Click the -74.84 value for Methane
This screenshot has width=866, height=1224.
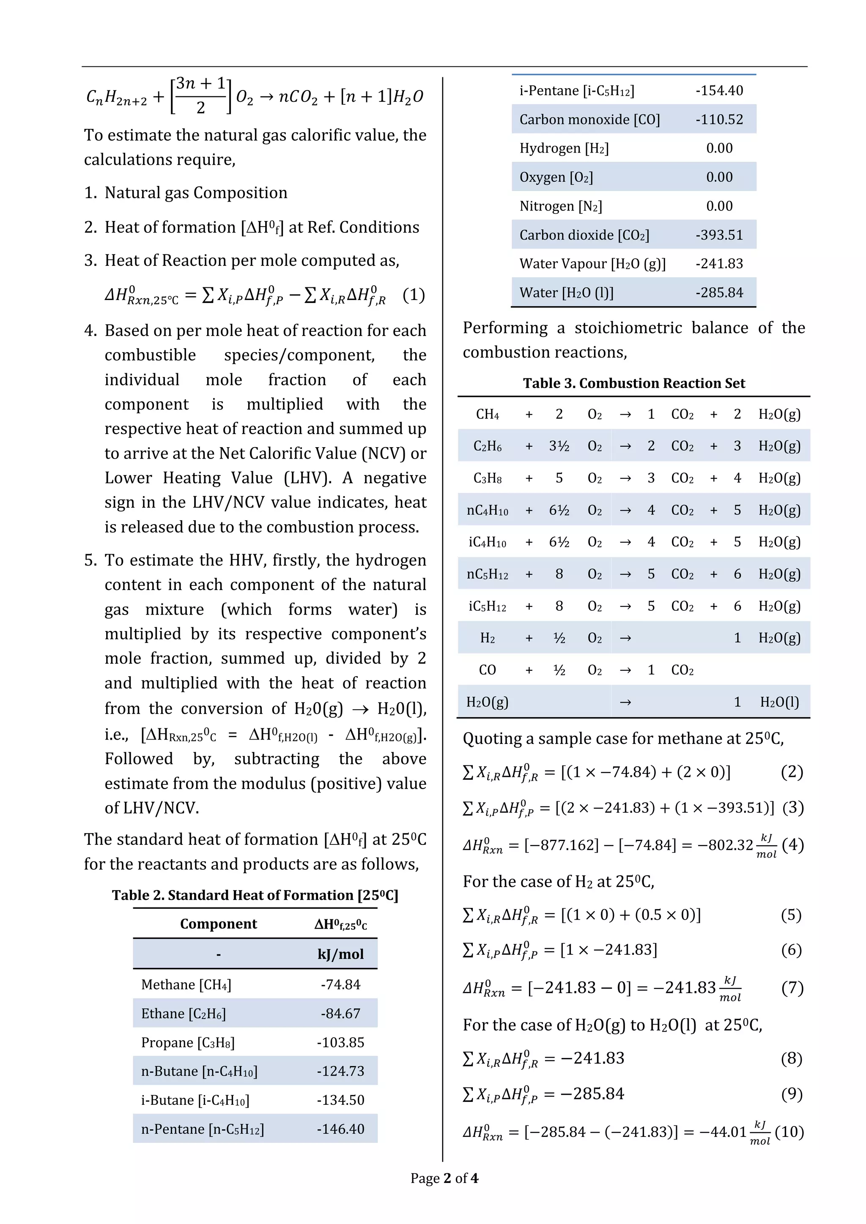[340, 985]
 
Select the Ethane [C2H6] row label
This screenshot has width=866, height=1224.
[184, 1014]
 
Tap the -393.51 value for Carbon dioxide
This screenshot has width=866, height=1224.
[719, 235]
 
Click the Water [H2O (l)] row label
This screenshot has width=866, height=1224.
[566, 292]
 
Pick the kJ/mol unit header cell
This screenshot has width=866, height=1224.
[340, 954]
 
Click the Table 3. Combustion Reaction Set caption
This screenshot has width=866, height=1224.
[633, 383]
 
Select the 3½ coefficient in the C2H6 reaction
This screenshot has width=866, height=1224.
[559, 446]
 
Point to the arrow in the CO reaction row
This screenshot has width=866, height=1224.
[625, 670]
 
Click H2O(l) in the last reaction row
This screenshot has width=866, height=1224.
[779, 702]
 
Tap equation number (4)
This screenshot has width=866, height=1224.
[792, 844]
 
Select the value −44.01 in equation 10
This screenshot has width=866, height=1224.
[723, 1132]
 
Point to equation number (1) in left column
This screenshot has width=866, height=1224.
[414, 295]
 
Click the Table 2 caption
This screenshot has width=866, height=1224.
[255, 895]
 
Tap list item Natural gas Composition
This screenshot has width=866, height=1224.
[196, 192]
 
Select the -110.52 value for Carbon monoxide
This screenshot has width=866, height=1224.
[719, 120]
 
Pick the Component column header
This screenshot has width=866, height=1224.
[218, 924]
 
